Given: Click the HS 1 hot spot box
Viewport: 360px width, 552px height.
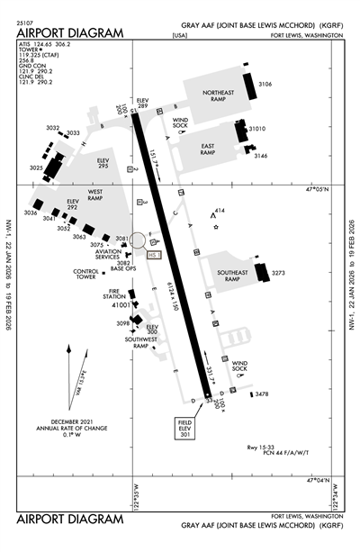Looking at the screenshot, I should (x=153, y=255).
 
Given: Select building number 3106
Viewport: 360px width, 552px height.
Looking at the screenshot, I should (x=265, y=84).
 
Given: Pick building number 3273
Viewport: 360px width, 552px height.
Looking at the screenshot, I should (x=278, y=273).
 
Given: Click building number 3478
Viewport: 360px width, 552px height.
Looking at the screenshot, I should (x=262, y=394).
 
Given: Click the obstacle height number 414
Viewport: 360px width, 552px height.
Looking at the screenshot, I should (x=220, y=210).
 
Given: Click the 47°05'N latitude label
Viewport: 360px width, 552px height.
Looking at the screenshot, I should (x=318, y=189).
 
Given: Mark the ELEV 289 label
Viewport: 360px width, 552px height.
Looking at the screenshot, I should (x=141, y=103).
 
